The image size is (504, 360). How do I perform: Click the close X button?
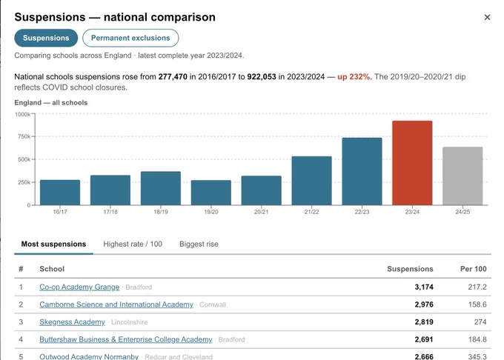tap(487, 17)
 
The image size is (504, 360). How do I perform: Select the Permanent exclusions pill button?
tap(130, 38)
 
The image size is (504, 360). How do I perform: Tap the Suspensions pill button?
tap(46, 38)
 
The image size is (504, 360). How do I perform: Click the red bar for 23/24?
tap(412, 163)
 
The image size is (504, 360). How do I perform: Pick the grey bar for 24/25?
tap(462, 176)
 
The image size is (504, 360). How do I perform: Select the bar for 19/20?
tap(210, 193)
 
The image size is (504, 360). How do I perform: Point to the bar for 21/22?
tap(311, 181)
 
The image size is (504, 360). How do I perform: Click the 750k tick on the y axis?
tap(24, 136)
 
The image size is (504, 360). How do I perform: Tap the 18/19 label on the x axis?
tap(161, 212)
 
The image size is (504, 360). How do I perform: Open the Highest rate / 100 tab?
tap(133, 244)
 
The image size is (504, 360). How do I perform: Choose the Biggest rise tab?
tap(199, 244)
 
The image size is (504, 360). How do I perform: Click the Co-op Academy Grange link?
tap(79, 287)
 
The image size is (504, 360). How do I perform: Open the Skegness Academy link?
tap(73, 322)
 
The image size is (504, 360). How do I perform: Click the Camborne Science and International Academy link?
tap(116, 304)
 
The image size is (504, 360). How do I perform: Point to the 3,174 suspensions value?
tap(424, 287)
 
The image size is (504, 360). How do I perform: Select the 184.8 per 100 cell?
tap(477, 339)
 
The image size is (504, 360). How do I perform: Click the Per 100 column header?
tap(474, 269)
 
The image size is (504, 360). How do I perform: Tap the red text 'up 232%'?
tap(354, 77)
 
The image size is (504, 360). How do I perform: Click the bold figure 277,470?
tap(173, 77)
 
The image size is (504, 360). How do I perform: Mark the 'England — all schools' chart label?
tap(51, 103)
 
